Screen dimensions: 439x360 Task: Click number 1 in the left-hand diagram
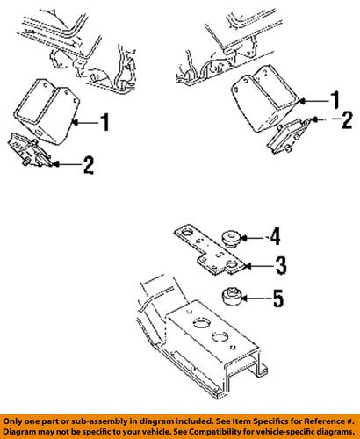(x=104, y=123)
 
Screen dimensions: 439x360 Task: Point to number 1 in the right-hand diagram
(x=333, y=99)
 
